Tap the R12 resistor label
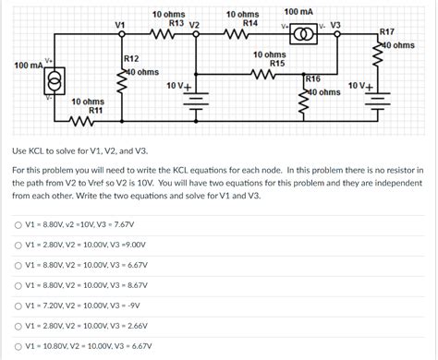(x=131, y=59)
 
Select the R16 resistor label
(x=312, y=80)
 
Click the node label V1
(x=119, y=25)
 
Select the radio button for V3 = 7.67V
(x=18, y=224)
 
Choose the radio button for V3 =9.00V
(x=18, y=245)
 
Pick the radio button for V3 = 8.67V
(x=18, y=285)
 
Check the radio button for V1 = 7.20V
(x=18, y=306)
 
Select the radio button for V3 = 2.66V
(x=18, y=326)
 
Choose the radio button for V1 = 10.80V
(x=18, y=346)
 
